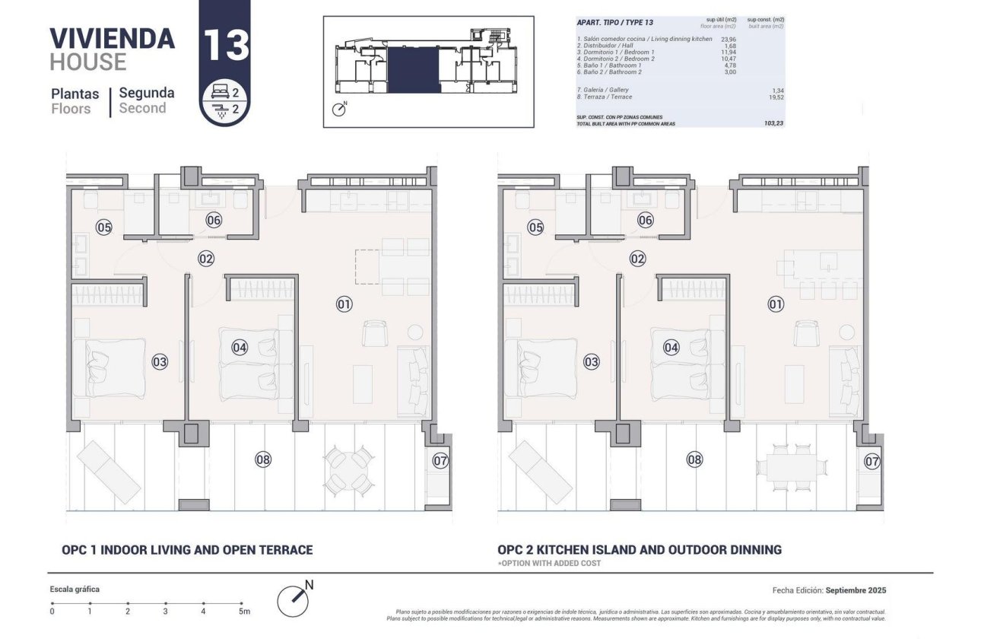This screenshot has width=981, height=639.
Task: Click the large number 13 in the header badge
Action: tap(225, 45)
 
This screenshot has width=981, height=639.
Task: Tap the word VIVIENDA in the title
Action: tap(112, 38)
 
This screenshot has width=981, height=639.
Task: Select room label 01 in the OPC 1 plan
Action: tap(344, 304)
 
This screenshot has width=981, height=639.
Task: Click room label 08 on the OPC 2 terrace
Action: tap(694, 459)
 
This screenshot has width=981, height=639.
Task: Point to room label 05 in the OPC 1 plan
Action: tap(104, 227)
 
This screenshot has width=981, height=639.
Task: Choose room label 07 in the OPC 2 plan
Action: tap(872, 461)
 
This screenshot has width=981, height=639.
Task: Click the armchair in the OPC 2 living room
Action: tap(806, 333)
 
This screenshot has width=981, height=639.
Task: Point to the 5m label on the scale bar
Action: tap(243, 612)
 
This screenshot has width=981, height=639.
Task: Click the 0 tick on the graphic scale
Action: tap(52, 612)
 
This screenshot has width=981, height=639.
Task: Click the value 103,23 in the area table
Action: tap(773, 122)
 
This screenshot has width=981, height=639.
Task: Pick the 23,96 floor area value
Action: tap(728, 38)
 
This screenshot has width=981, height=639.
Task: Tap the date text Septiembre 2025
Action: tap(856, 590)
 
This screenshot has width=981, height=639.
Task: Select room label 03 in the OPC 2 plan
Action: tap(591, 362)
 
